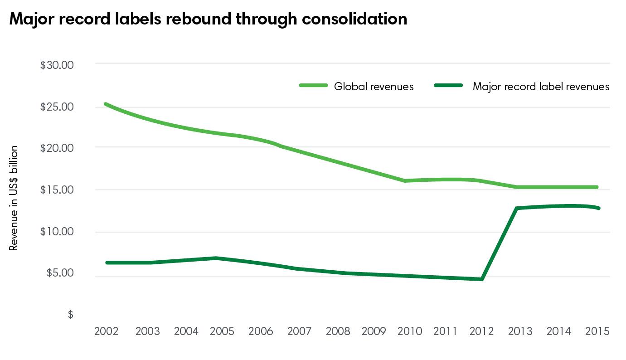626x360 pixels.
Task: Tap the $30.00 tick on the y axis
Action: [x=57, y=65]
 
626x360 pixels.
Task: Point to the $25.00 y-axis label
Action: [x=57, y=107]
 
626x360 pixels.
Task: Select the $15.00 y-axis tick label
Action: [x=57, y=190]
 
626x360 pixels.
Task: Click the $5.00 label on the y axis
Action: [x=59, y=273]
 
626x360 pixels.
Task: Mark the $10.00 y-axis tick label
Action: [x=57, y=231]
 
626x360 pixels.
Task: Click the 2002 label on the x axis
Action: [x=107, y=331]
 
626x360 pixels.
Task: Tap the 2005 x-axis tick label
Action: [x=222, y=331]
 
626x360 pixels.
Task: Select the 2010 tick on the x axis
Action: [x=410, y=331]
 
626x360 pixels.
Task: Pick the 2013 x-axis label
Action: [x=520, y=331]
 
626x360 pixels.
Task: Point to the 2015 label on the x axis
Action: [x=597, y=331]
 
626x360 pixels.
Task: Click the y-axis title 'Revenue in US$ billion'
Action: [x=14, y=198]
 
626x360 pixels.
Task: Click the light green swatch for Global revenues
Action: [x=313, y=85]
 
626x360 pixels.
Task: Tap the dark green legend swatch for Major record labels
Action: [x=448, y=85]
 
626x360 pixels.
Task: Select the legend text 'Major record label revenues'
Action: [x=541, y=86]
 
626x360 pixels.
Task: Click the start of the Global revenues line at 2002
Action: [x=106, y=104]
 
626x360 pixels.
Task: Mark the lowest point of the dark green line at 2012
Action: [x=482, y=279]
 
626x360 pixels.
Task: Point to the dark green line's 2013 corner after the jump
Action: [x=517, y=208]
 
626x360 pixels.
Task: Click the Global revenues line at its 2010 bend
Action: [x=405, y=181]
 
